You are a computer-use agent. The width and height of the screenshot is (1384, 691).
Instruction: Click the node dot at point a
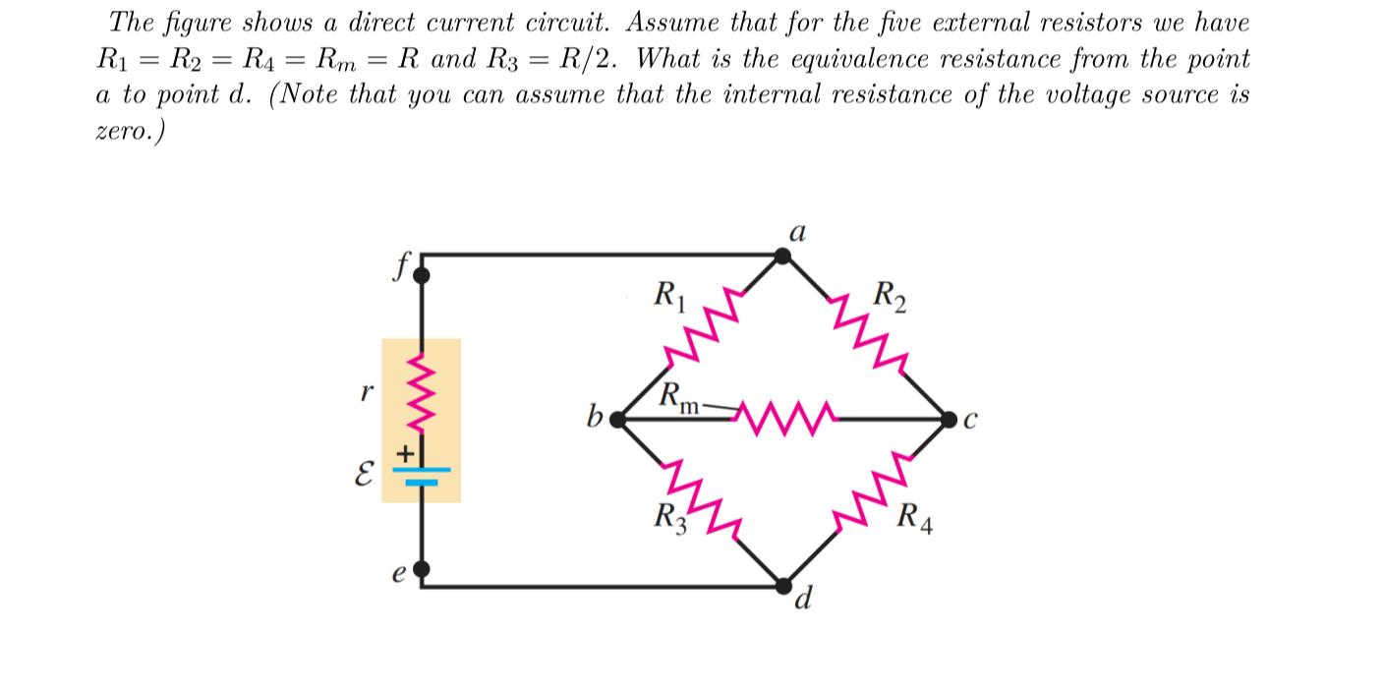[x=782, y=257]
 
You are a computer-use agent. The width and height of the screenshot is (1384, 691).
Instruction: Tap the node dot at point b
[x=617, y=420]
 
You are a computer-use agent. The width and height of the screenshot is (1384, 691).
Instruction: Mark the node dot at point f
[x=422, y=276]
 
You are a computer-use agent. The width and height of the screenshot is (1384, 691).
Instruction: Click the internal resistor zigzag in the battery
[x=422, y=393]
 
